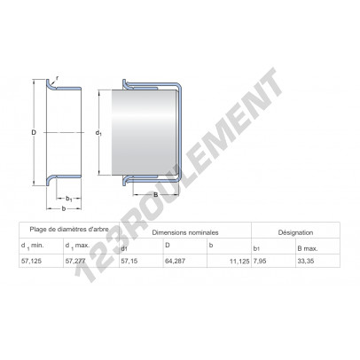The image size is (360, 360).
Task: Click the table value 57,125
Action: [x=31, y=261]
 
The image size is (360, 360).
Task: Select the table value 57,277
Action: [x=75, y=261]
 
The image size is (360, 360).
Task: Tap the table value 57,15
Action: [x=129, y=261]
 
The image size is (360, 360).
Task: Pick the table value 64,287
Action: [x=175, y=261]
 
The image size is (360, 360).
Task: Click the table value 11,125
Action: [x=239, y=262]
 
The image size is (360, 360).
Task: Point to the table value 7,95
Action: [x=260, y=262]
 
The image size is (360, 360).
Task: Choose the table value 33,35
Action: [x=306, y=262]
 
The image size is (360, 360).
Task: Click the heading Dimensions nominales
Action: [x=185, y=232]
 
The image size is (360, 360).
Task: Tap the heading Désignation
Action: [x=295, y=232]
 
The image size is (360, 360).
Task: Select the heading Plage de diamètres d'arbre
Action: [x=69, y=229]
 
